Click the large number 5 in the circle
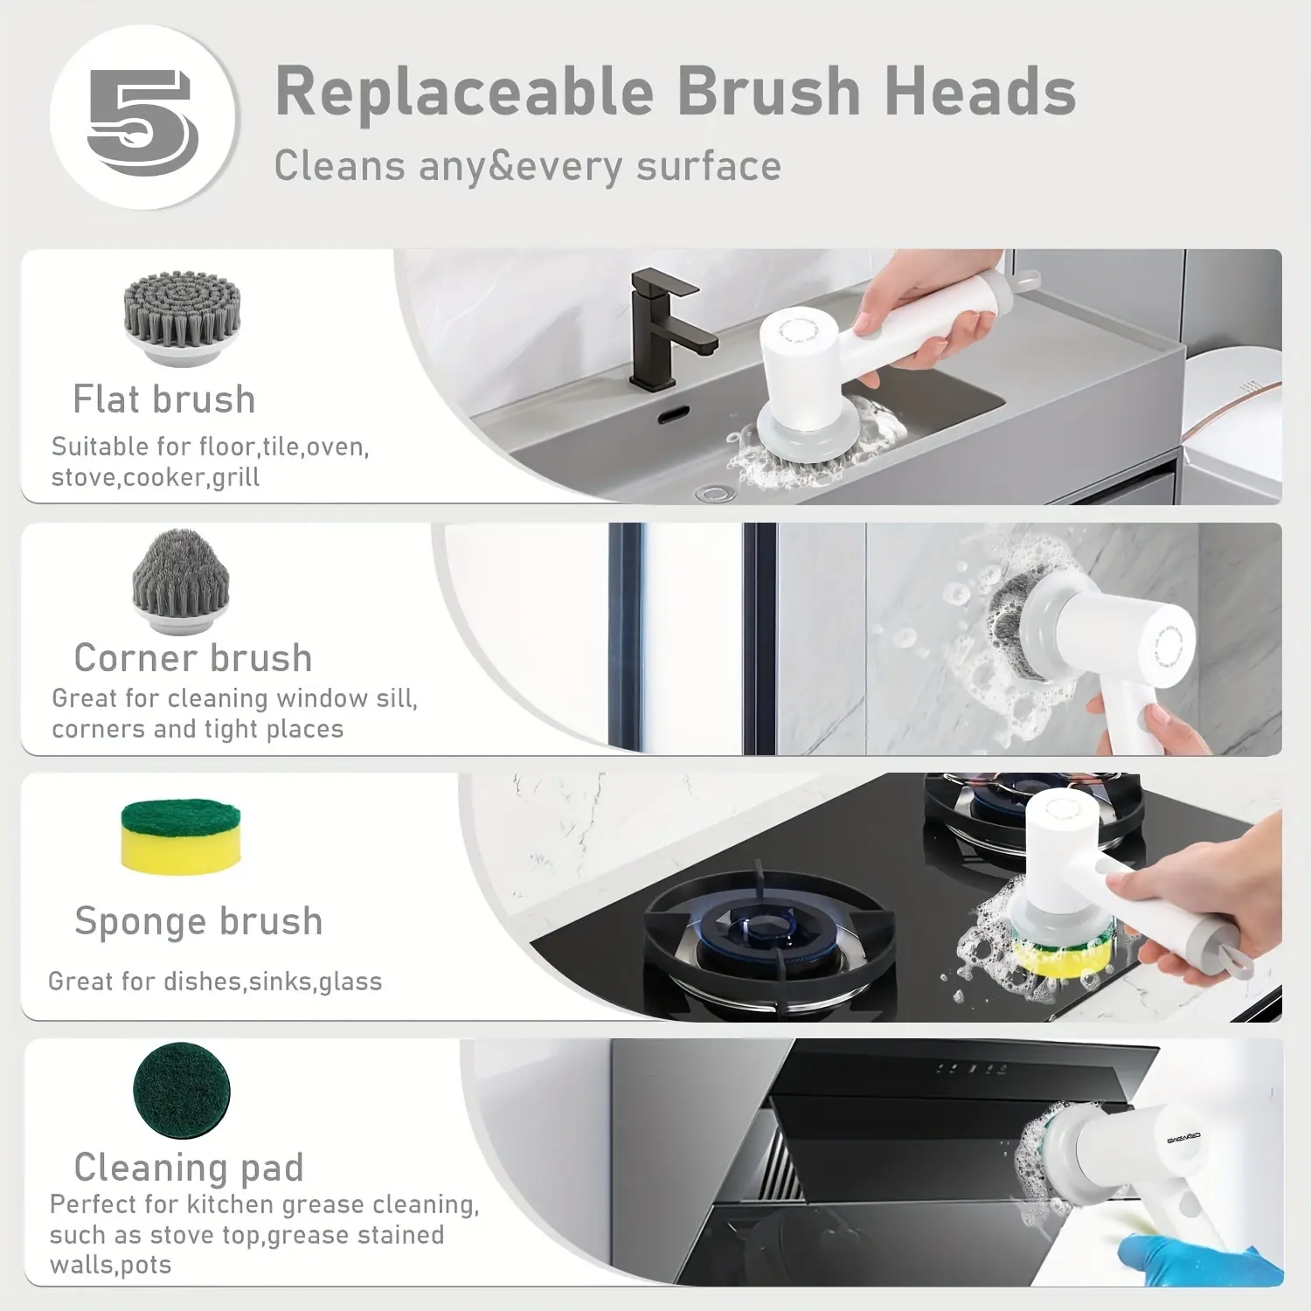(142, 122)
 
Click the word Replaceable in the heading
(465, 91)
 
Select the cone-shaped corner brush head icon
(181, 582)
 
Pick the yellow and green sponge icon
(181, 836)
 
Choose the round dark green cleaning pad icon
(182, 1091)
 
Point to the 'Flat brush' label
(164, 399)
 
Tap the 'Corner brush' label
(193, 657)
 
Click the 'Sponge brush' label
(199, 921)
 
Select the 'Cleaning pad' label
(189, 1167)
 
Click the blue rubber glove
(1197, 1259)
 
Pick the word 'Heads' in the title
(980, 91)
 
